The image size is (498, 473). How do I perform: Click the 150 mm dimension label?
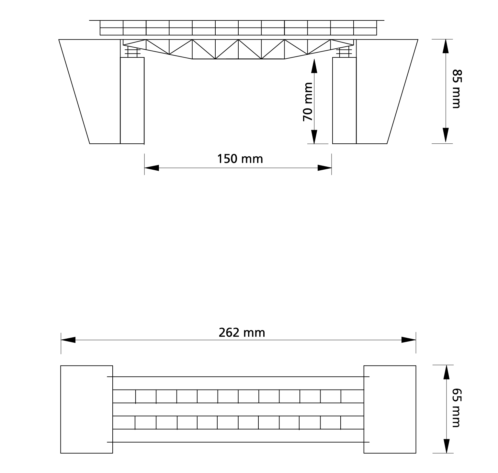pos(240,159)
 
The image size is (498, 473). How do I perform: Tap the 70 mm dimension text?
pos(308,102)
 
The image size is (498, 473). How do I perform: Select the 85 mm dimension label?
pos(456,89)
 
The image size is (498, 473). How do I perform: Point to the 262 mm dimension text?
pos(242,333)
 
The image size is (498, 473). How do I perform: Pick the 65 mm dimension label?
pos(456,408)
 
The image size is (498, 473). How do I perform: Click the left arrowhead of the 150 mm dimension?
pos(152,168)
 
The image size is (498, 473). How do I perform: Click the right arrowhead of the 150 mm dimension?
pos(324,168)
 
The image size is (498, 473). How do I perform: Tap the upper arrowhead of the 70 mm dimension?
pos(314,66)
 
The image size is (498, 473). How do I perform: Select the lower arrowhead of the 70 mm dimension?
pos(314,136)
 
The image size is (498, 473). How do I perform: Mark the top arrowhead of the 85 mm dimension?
pos(446,47)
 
